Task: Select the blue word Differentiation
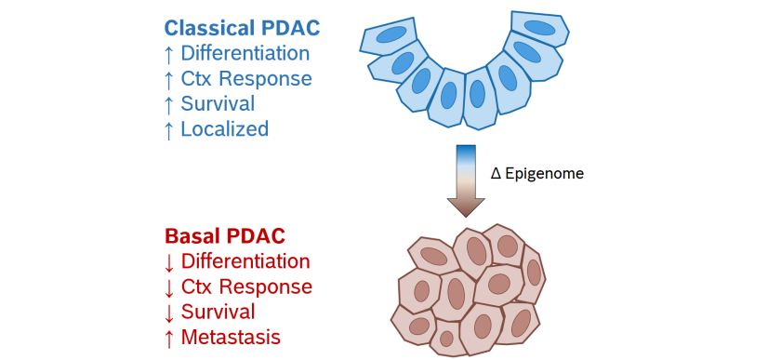pyautogui.click(x=245, y=54)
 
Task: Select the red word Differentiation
pyautogui.click(x=245, y=261)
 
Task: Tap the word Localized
pyautogui.click(x=225, y=129)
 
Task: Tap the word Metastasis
pyautogui.click(x=231, y=337)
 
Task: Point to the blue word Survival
pyautogui.click(x=218, y=104)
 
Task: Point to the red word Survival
pyautogui.click(x=218, y=312)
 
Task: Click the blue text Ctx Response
pyautogui.click(x=246, y=79)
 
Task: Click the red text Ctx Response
pyautogui.click(x=246, y=287)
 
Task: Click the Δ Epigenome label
pyautogui.click(x=536, y=173)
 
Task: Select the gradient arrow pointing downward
pyautogui.click(x=466, y=177)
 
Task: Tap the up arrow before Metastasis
pyautogui.click(x=168, y=337)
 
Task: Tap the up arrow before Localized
pyautogui.click(x=168, y=129)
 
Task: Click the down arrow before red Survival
pyautogui.click(x=168, y=312)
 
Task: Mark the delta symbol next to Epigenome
pyautogui.click(x=496, y=173)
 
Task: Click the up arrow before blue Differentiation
pyautogui.click(x=168, y=54)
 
